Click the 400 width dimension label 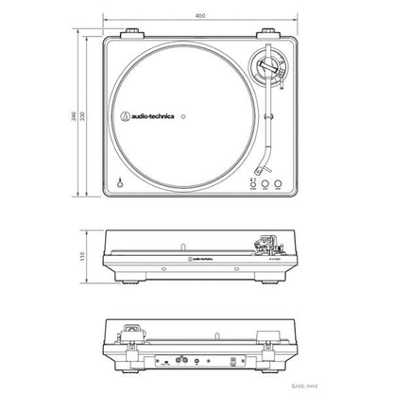click(196, 16)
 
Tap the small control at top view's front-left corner click(120, 183)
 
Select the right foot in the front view click(268, 281)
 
